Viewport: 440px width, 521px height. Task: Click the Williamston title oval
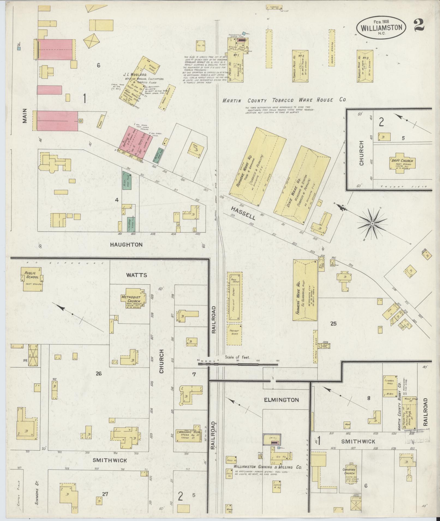coord(381,27)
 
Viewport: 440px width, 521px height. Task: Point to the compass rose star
coord(372,223)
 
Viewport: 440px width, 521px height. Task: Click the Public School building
coord(32,279)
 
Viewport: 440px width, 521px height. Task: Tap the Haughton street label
coord(126,245)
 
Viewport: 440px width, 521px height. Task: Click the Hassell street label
coord(243,213)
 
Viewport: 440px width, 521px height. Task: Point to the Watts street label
coord(136,275)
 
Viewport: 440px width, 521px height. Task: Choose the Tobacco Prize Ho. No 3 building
coord(365,66)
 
